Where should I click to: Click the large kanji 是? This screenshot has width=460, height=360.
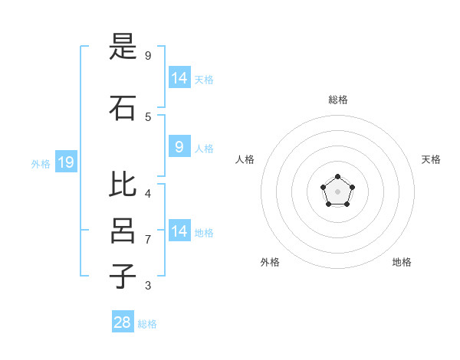click(123, 46)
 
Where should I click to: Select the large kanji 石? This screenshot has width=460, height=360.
click(123, 108)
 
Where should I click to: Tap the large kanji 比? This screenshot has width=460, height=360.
click(123, 184)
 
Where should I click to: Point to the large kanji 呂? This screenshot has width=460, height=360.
click(123, 231)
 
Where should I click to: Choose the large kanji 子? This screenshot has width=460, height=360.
click(123, 276)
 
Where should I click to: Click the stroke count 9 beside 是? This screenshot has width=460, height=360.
click(148, 55)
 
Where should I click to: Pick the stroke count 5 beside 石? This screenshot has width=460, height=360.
click(148, 117)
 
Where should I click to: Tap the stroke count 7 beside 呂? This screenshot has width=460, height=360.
click(148, 240)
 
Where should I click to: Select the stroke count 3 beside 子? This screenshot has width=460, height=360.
click(148, 285)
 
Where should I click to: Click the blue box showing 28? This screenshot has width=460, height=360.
click(123, 321)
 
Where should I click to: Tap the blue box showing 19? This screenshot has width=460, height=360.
click(66, 162)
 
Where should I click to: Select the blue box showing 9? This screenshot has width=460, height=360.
click(180, 146)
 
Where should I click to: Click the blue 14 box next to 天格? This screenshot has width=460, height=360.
click(180, 77)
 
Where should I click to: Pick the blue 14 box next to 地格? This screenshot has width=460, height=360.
click(180, 230)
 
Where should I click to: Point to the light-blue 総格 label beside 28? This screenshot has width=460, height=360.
click(147, 324)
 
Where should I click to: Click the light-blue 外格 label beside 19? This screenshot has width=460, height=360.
click(41, 164)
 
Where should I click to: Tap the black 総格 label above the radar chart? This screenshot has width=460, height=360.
click(338, 100)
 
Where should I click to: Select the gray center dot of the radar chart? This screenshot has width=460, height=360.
click(337, 191)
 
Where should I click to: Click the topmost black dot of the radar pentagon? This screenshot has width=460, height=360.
click(337, 176)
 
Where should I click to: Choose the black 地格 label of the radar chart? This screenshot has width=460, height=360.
click(402, 262)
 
